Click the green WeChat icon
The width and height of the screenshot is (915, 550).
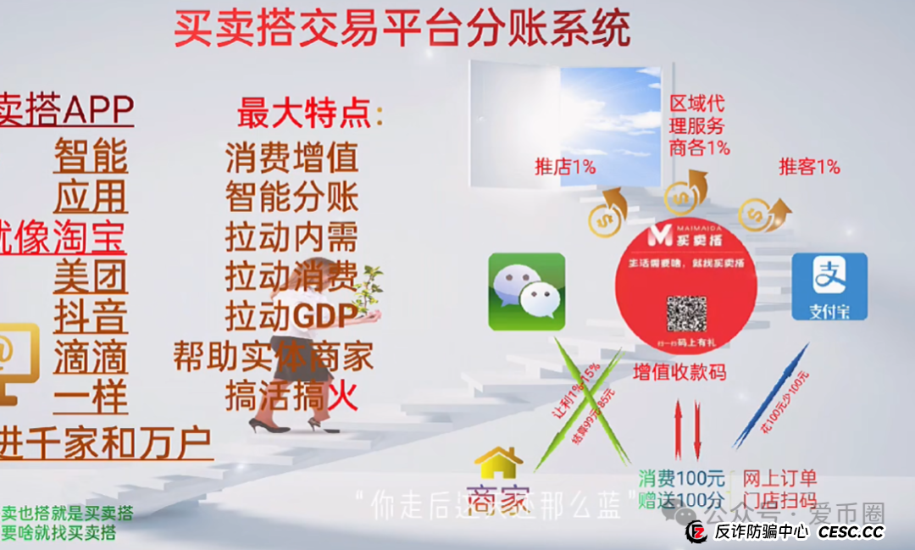[x=526, y=292]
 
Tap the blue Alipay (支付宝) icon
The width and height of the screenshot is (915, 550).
[x=829, y=286]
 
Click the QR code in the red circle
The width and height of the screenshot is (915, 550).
[x=686, y=314]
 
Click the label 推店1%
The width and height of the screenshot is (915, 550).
[x=565, y=167]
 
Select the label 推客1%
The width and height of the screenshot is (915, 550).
[x=809, y=167]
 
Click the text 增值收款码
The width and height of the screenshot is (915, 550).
[x=679, y=371]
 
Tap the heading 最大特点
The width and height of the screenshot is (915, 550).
[x=310, y=113]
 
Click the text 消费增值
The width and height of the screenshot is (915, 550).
[x=291, y=158]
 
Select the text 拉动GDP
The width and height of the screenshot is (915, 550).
[x=291, y=315]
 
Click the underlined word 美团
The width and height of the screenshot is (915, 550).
[x=90, y=276]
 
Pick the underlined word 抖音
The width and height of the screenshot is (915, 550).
[x=90, y=316]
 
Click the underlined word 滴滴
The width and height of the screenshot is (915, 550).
[x=90, y=356]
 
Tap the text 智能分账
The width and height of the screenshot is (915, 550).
[x=291, y=197]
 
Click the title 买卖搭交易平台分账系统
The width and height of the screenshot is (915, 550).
[x=402, y=29]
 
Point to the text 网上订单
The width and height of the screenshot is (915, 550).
[x=779, y=478]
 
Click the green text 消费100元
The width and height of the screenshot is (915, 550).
[x=681, y=478]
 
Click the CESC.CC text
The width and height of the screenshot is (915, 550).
[x=851, y=532]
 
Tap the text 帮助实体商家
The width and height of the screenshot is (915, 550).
[x=273, y=356]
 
